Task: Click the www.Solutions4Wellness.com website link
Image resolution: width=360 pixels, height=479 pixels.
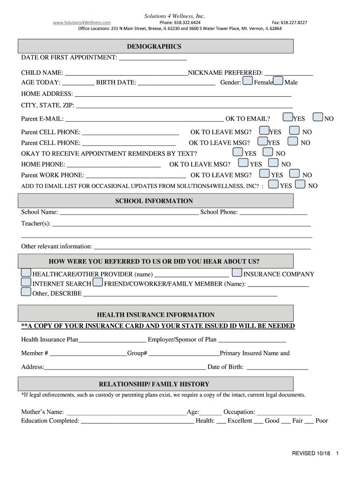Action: [x=81, y=22]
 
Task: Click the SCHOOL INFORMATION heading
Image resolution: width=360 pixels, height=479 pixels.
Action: [x=154, y=201]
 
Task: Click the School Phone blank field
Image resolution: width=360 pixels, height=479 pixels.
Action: [x=273, y=213]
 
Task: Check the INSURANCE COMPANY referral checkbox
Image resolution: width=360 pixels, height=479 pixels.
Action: [x=237, y=273]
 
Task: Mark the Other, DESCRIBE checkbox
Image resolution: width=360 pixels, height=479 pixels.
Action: [x=26, y=292]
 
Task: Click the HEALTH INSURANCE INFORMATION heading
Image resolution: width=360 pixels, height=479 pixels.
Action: [x=156, y=315]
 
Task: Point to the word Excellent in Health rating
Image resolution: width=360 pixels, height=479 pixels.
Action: [x=240, y=421]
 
